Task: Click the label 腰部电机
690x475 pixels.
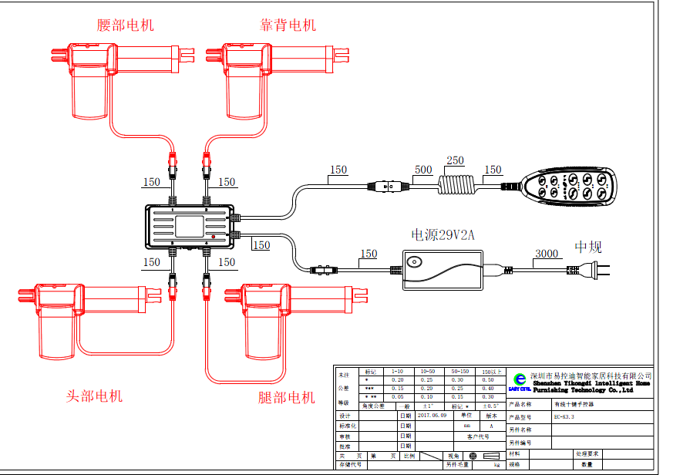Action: pos(126,25)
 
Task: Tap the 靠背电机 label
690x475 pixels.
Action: pos(288,25)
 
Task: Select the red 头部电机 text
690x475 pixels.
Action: pos(94,396)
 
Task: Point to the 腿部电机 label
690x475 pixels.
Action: pos(287,398)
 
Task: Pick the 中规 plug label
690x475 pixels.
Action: pos(587,248)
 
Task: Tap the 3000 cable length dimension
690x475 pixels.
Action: pos(547,254)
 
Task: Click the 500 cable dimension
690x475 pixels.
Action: pos(423,170)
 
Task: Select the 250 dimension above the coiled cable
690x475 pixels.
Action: pos(455,160)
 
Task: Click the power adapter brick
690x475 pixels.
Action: pos(443,269)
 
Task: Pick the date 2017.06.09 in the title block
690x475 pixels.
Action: pos(432,414)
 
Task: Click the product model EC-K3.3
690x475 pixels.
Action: pos(564,416)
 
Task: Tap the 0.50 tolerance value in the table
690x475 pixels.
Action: pos(488,379)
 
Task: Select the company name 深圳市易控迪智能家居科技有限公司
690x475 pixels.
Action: pos(591,375)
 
